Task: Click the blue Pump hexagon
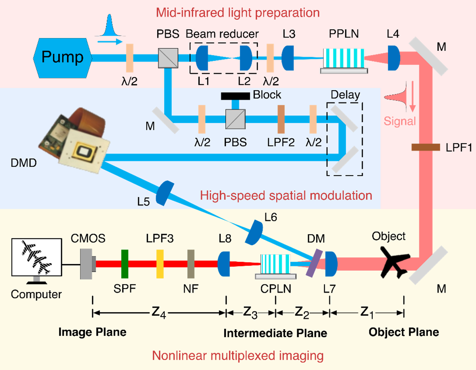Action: point(62,57)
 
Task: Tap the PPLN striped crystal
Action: point(343,58)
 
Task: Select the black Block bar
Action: point(235,96)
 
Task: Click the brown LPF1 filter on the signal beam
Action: point(425,147)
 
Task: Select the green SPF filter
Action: point(125,264)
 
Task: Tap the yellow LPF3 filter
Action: point(160,264)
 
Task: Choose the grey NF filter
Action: point(190,264)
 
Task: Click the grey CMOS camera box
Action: point(87,264)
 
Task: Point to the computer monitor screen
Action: point(36,257)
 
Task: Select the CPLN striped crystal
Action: point(275,264)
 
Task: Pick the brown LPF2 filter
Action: point(281,119)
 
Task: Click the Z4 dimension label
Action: point(159,312)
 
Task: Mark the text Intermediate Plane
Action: point(275,333)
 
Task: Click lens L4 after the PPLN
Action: point(394,58)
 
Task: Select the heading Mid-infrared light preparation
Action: point(237,13)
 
